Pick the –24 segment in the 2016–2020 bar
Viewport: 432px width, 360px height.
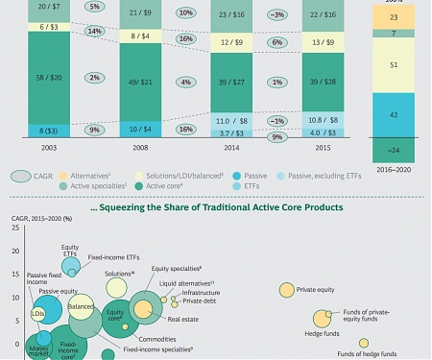(x=392, y=149)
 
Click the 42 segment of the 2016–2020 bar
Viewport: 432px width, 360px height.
(x=392, y=113)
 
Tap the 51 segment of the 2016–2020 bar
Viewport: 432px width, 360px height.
(x=392, y=65)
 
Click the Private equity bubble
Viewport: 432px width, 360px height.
(x=287, y=290)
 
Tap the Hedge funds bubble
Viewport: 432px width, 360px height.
(x=321, y=324)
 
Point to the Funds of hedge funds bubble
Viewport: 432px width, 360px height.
(x=364, y=343)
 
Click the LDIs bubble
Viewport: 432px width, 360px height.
(x=38, y=313)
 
